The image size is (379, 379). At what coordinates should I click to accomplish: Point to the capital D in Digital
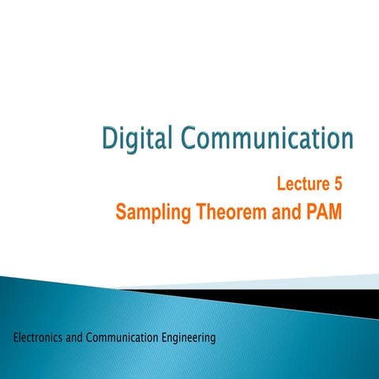click(x=111, y=140)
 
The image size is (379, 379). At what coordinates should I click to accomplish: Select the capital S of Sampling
click(x=121, y=212)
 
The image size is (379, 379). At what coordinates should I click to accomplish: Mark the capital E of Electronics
click(x=17, y=338)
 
